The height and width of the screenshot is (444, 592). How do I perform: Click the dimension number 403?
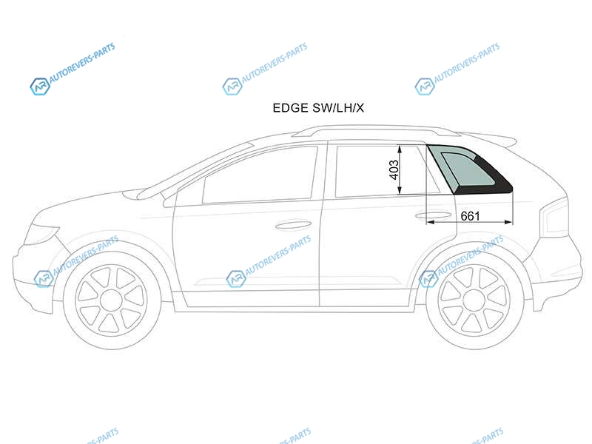[x=394, y=170]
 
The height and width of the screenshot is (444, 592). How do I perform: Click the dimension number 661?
[x=470, y=216]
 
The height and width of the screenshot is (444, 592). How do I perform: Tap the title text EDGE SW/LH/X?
[x=318, y=108]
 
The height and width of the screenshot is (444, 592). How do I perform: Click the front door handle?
[x=293, y=225]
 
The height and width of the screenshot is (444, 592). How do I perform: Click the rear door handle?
[x=433, y=215]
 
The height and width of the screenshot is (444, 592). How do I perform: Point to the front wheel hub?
[x=112, y=300]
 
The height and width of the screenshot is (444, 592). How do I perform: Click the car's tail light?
[x=556, y=218]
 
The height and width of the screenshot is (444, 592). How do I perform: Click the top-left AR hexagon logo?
[x=40, y=87]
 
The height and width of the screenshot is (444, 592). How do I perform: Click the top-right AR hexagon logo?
[x=424, y=87]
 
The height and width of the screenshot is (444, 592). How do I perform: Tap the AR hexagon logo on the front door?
[x=236, y=279]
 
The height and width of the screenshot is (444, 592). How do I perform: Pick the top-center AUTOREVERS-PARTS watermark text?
[x=275, y=63]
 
